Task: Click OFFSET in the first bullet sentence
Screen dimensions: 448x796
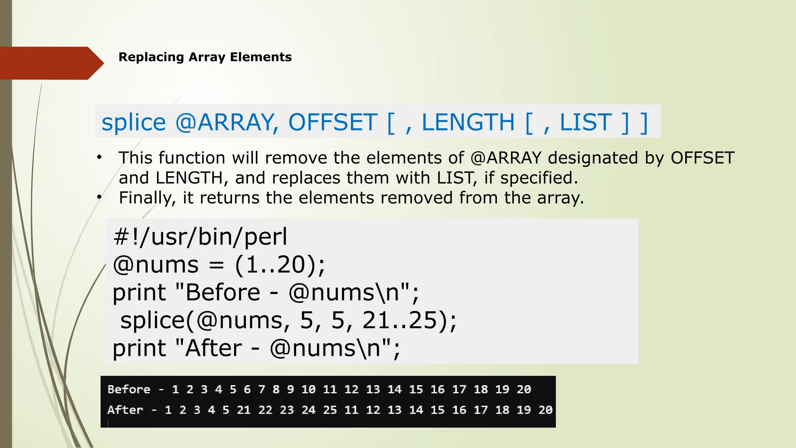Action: pyautogui.click(x=702, y=158)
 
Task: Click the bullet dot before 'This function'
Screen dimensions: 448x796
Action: pyautogui.click(x=99, y=157)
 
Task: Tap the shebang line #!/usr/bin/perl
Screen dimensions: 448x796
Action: pyautogui.click(x=200, y=236)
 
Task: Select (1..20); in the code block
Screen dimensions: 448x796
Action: pyautogui.click(x=280, y=265)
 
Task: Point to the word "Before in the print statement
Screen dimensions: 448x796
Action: pyautogui.click(x=218, y=292)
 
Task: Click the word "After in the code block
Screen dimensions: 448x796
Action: pyautogui.click(x=209, y=348)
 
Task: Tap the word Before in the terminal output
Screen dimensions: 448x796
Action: pyautogui.click(x=129, y=389)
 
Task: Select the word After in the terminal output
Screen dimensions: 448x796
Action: pyautogui.click(x=125, y=410)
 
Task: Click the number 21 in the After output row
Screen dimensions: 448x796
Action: pyautogui.click(x=244, y=410)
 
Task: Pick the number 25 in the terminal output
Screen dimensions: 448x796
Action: pyautogui.click(x=330, y=410)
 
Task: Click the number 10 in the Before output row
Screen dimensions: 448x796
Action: pyautogui.click(x=308, y=389)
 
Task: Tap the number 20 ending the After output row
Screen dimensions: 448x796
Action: pyautogui.click(x=545, y=410)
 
